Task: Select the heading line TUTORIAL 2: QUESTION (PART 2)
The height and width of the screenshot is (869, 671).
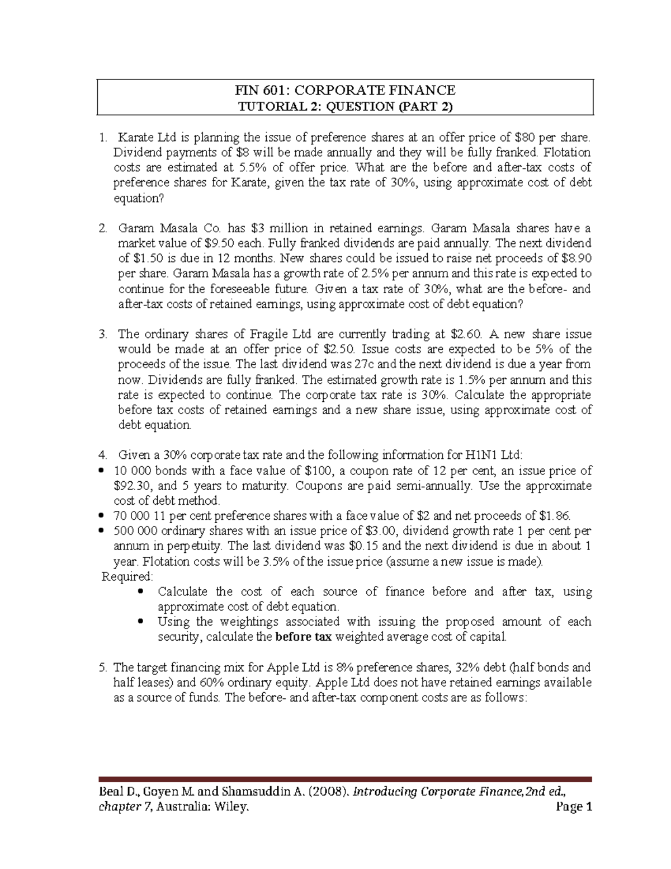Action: (345, 106)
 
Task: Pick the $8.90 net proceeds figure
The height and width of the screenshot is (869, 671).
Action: (576, 259)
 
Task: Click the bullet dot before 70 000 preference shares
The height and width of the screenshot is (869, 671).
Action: (101, 516)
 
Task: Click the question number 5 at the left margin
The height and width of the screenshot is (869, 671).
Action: (102, 668)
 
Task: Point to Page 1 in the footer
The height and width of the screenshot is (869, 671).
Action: (573, 807)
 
